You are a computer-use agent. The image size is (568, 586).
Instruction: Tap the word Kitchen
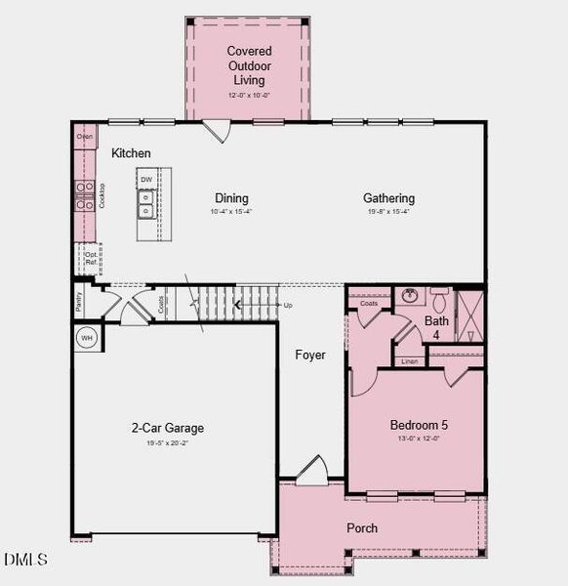[x=131, y=153]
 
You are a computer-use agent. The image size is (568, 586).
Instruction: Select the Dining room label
[x=231, y=198]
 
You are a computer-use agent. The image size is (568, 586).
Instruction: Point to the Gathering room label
[x=388, y=198]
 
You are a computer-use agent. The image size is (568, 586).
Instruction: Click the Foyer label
[x=310, y=355]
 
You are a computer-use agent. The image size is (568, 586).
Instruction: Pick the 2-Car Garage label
[x=168, y=428]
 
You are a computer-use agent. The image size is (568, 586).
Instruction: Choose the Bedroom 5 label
[x=419, y=425]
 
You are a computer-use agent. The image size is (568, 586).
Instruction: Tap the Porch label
[x=362, y=528]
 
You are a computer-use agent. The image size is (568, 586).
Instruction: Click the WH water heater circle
[x=86, y=338]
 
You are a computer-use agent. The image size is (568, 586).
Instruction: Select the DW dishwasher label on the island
[x=145, y=180]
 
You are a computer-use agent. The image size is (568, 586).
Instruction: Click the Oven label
[x=85, y=137]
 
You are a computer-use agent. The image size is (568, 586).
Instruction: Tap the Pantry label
[x=79, y=302]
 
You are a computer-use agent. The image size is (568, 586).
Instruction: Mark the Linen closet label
[x=409, y=361]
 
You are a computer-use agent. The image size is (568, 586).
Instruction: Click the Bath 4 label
[x=436, y=327]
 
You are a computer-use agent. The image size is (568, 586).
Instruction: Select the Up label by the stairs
[x=288, y=306]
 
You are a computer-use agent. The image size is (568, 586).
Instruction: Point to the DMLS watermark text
[x=25, y=560]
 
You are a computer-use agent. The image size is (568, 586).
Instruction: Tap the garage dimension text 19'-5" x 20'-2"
[x=168, y=444]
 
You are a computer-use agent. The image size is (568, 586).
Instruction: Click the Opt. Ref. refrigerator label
[x=90, y=259]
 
